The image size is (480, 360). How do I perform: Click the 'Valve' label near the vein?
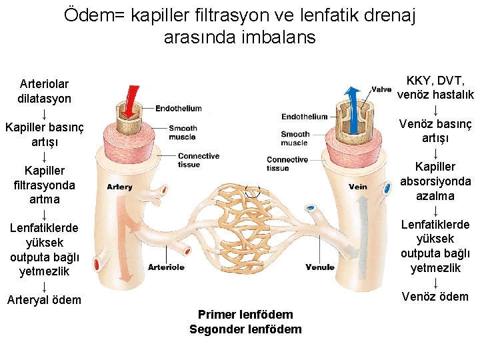click(381, 89)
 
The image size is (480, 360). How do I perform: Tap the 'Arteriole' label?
click(166, 267)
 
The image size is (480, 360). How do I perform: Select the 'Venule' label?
click(320, 267)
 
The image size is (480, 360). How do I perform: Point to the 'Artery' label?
click(119, 187)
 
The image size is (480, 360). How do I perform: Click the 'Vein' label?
click(358, 187)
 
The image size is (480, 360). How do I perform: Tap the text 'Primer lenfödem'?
click(245, 314)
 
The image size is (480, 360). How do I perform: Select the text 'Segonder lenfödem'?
click(245, 329)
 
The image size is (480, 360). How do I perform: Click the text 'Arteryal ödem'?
click(44, 300)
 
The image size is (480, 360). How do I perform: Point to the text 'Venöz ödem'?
click(435, 297)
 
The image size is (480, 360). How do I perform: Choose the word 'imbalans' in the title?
click(273, 37)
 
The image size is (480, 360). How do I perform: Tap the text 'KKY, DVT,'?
click(435, 81)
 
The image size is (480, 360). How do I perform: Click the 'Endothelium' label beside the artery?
click(179, 109)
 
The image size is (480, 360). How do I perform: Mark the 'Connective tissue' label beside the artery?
click(199, 160)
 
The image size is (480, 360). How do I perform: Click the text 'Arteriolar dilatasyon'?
click(44, 91)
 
